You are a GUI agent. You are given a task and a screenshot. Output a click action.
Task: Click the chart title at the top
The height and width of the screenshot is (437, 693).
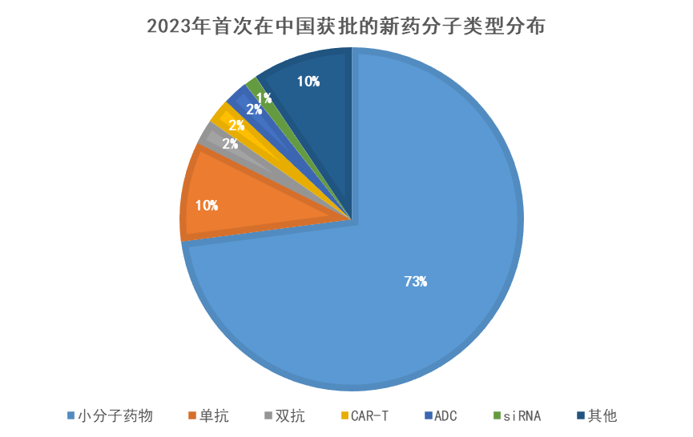coord(346,26)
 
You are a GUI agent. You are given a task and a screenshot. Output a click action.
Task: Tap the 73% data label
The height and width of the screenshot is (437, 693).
coord(416,281)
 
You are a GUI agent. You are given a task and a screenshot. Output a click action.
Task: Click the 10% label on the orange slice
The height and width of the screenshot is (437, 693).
coord(207,205)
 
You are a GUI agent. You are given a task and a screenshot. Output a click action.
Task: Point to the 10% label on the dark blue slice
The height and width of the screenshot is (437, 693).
coord(308,81)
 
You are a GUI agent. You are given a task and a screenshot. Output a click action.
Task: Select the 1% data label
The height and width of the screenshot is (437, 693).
coord(264,98)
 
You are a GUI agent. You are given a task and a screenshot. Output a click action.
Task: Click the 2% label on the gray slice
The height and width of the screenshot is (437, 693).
coord(230,144)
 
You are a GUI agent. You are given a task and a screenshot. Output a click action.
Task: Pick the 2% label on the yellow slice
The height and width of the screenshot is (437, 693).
coord(236,125)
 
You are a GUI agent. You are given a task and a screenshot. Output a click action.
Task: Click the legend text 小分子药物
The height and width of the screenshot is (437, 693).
coord(115,415)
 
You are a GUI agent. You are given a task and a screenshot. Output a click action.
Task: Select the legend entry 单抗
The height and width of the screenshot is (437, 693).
coord(214,415)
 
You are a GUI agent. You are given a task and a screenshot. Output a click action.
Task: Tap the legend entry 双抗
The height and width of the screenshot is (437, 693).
coord(290,415)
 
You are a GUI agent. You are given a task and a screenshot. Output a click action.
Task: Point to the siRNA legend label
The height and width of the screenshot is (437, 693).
coord(522,415)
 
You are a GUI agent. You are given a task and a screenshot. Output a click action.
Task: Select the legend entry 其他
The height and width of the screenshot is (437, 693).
coord(602,415)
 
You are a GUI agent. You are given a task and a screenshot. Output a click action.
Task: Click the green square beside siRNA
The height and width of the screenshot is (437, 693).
coord(497,415)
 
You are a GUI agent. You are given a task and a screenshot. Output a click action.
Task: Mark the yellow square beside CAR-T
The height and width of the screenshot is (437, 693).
coord(344,415)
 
